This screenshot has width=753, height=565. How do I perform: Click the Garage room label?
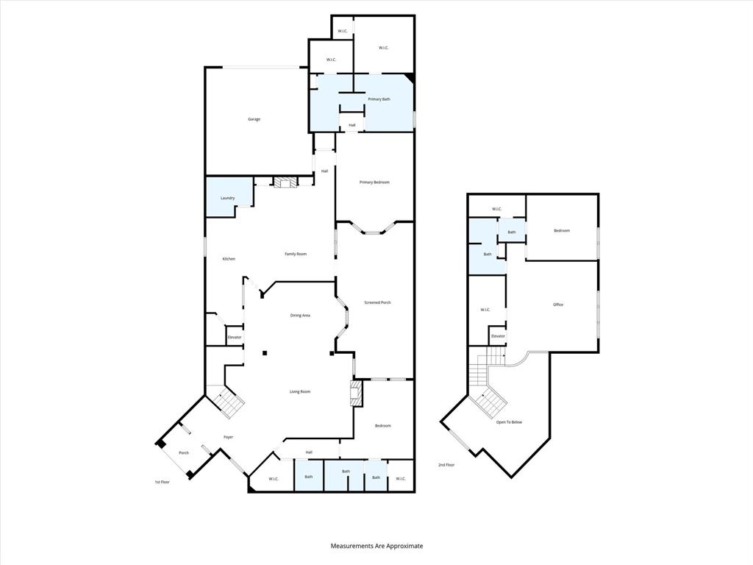pyautogui.click(x=254, y=119)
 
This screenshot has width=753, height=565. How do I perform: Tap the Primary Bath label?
pyautogui.click(x=379, y=99)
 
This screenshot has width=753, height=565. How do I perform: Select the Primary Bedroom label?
pyautogui.click(x=374, y=182)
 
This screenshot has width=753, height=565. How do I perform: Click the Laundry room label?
pyautogui.click(x=227, y=198)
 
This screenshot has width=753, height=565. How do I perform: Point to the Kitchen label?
pyautogui.click(x=229, y=259)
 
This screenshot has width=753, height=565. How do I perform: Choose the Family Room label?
pyautogui.click(x=296, y=254)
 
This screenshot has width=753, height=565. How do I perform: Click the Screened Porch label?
pyautogui.click(x=377, y=303)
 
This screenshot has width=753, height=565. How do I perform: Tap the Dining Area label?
pyautogui.click(x=300, y=316)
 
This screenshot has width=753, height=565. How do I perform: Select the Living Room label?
pyautogui.click(x=299, y=391)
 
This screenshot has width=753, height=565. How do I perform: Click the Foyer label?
pyautogui.click(x=229, y=437)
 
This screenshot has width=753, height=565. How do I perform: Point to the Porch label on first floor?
pyautogui.click(x=184, y=452)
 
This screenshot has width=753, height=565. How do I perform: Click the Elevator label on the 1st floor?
pyautogui.click(x=234, y=337)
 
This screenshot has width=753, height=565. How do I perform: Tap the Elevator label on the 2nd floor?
pyautogui.click(x=498, y=336)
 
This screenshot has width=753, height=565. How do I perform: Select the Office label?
pyautogui.click(x=558, y=305)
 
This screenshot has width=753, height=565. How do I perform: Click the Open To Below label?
pyautogui.click(x=509, y=422)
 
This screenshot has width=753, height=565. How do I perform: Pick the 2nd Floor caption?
pyautogui.click(x=446, y=465)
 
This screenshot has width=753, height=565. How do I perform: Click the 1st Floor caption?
pyautogui.click(x=162, y=482)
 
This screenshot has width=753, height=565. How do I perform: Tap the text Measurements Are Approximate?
pyautogui.click(x=376, y=546)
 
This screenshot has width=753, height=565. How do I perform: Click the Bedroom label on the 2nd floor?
pyautogui.click(x=562, y=231)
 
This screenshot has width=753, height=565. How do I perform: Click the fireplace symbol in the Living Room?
pyautogui.click(x=357, y=393)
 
